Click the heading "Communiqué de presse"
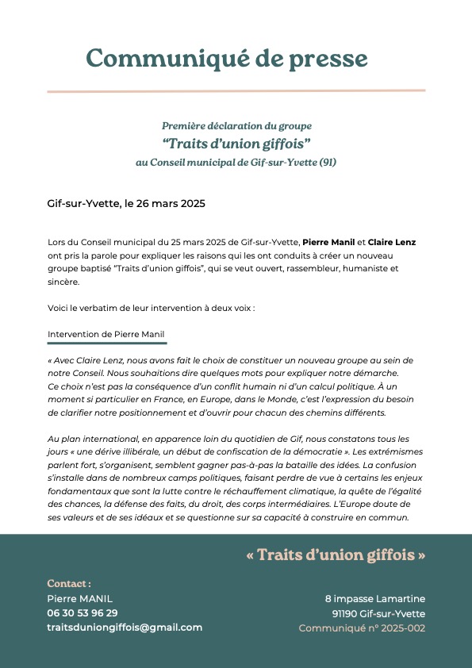226,58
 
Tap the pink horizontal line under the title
236,91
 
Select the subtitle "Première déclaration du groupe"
236,126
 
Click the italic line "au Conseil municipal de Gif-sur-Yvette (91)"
236,162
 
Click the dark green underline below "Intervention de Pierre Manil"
107,344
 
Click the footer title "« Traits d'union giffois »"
336,555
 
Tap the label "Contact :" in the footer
69,584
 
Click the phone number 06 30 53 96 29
83,613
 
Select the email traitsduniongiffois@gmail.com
125,628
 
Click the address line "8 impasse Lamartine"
374,599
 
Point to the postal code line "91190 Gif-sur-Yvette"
378,613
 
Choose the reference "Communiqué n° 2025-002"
362,628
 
